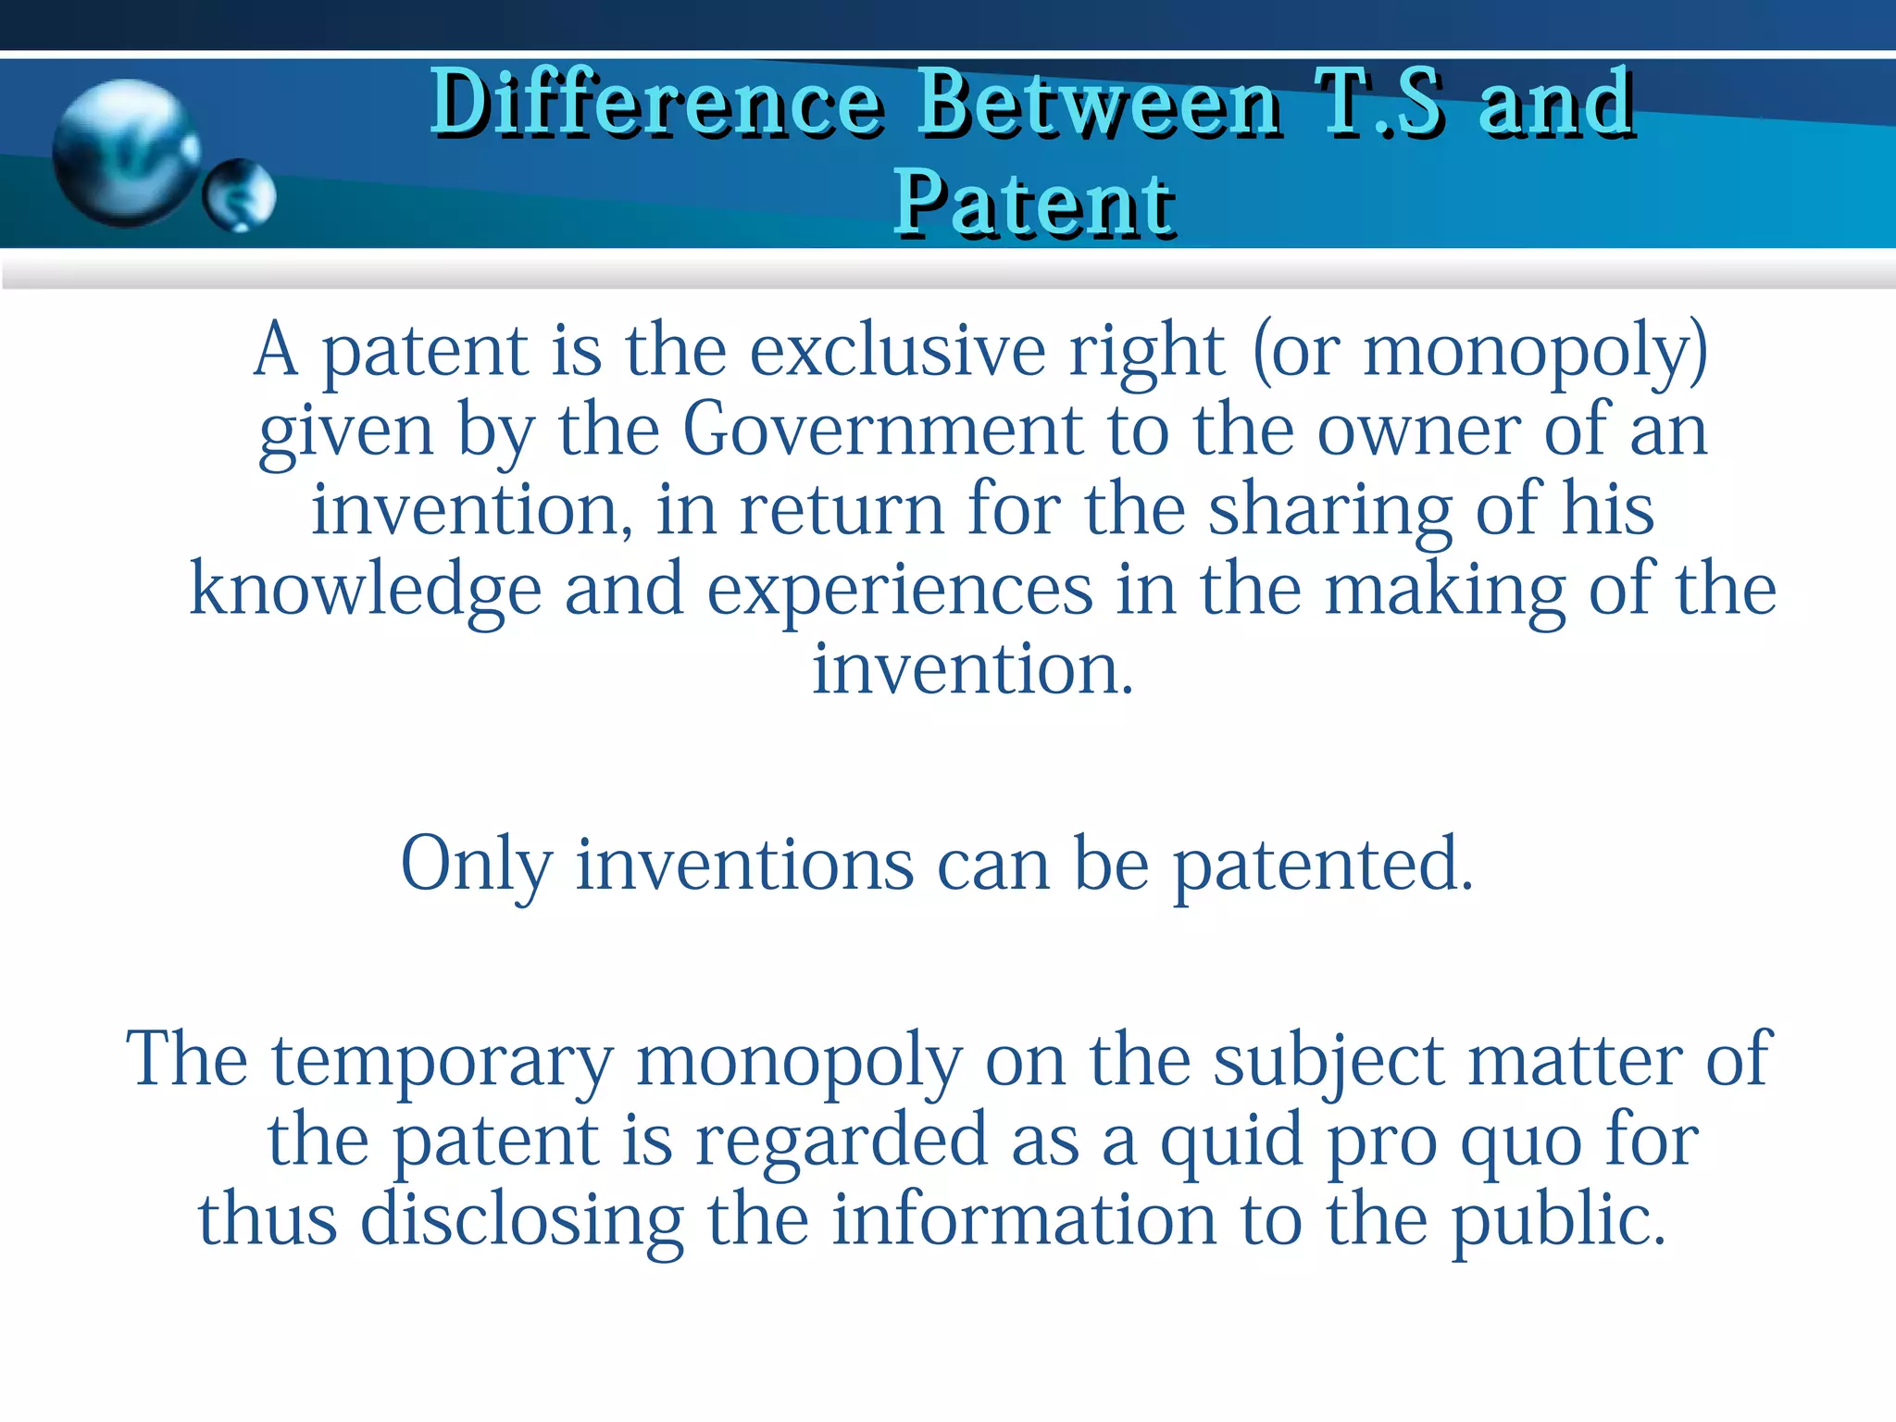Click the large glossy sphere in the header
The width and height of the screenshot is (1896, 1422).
point(124,153)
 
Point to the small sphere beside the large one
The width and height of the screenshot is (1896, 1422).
point(239,194)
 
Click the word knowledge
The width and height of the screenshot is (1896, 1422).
point(366,590)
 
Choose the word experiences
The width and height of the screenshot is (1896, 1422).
point(900,590)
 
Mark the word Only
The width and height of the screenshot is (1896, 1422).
point(477,864)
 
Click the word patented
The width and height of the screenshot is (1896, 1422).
point(1323,864)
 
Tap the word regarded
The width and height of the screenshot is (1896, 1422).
point(842,1140)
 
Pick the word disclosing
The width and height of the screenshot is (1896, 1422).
point(522,1219)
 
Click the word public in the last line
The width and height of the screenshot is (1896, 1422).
point(1558,1219)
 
